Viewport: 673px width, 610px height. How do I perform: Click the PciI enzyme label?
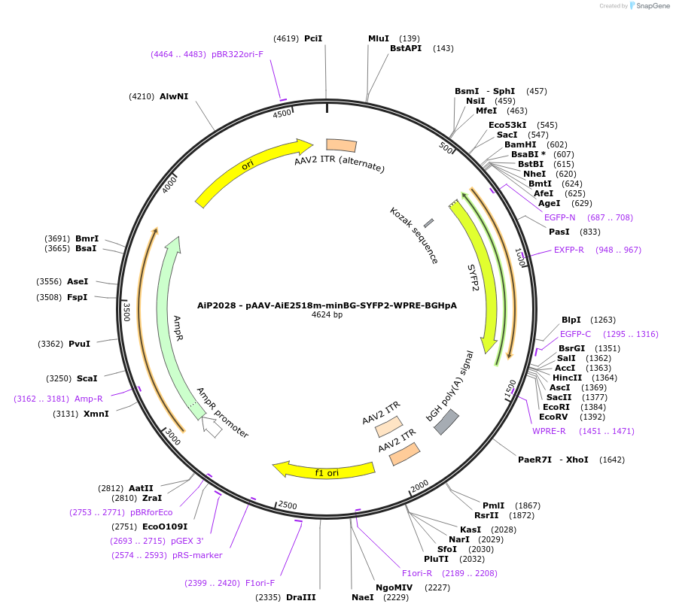(313, 38)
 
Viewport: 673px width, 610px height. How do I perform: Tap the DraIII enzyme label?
(301, 597)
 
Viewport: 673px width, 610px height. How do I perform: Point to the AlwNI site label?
(174, 96)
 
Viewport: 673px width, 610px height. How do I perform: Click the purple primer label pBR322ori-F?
(237, 54)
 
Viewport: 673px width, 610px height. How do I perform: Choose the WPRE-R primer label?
(549, 431)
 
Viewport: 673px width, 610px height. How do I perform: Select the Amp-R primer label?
(89, 399)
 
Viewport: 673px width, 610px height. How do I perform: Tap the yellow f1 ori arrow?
(324, 471)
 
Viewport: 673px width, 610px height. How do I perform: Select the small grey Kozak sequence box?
(428, 223)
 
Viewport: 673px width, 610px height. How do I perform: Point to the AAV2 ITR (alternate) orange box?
(341, 144)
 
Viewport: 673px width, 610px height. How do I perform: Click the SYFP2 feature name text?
(474, 278)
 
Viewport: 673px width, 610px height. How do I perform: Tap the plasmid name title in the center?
(327, 305)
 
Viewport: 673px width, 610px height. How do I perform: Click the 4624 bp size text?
(327, 315)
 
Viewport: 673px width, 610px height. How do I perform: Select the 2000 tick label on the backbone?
(419, 484)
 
